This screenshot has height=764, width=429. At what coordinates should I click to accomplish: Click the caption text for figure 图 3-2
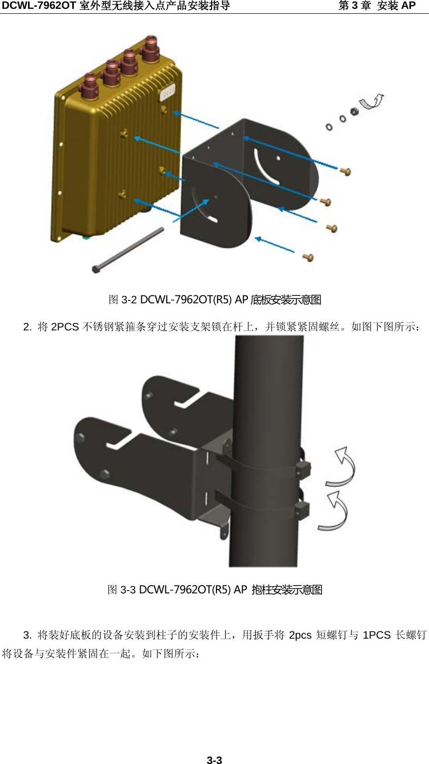click(x=214, y=299)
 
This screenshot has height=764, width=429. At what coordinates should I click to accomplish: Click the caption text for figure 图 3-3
click(x=214, y=589)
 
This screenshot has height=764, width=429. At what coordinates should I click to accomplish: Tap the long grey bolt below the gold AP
click(x=127, y=250)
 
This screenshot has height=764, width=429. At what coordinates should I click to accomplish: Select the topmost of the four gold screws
click(x=345, y=171)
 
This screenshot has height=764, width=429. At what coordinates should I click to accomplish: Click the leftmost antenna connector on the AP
click(x=91, y=82)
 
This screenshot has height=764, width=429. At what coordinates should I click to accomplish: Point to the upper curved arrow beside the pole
click(x=342, y=468)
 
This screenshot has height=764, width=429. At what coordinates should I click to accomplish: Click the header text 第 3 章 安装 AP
click(x=377, y=6)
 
